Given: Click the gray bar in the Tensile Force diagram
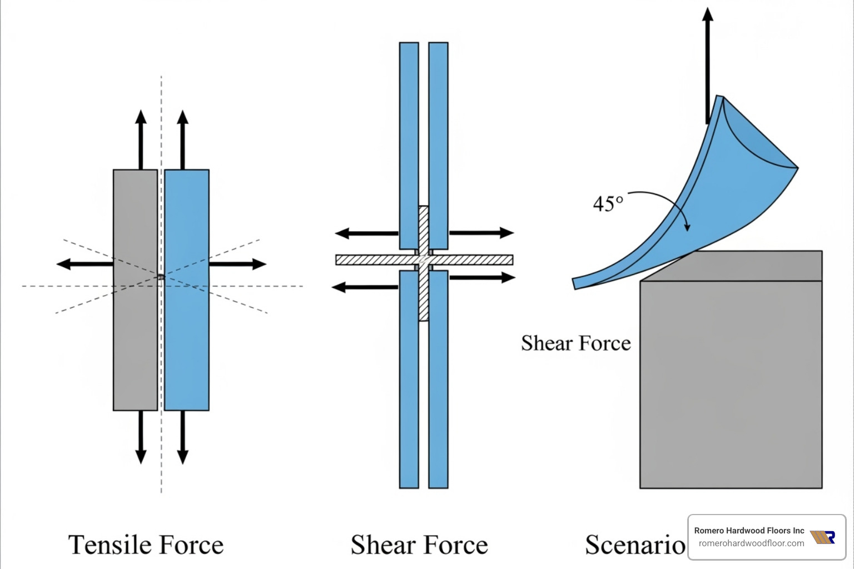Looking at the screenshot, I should (x=135, y=333).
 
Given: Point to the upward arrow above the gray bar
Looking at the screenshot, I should (x=141, y=139).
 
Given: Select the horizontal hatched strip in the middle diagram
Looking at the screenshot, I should (x=367, y=259).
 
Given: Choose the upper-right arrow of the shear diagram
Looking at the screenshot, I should (x=481, y=232).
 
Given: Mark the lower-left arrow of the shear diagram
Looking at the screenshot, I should (x=364, y=287).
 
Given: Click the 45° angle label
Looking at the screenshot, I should (x=608, y=204).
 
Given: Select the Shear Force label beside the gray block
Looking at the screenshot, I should (x=575, y=343).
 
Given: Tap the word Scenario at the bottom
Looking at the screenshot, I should (x=635, y=545).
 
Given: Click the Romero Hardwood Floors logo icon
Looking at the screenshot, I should (x=822, y=537).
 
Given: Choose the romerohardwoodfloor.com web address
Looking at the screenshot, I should (x=751, y=543).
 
